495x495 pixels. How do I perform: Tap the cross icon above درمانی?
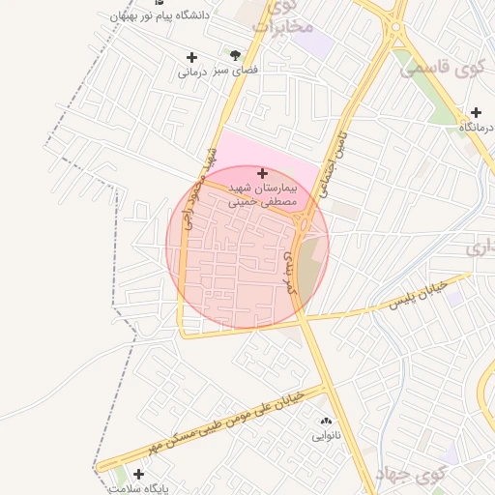point(191,58)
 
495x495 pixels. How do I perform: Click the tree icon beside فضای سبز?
point(235,56)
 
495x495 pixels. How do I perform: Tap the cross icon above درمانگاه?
point(476,113)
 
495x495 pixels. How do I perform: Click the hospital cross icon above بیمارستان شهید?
point(262,172)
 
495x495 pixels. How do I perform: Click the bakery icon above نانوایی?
point(325,422)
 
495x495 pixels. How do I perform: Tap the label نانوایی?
point(325,436)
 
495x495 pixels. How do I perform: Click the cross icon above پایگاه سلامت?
point(139,474)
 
